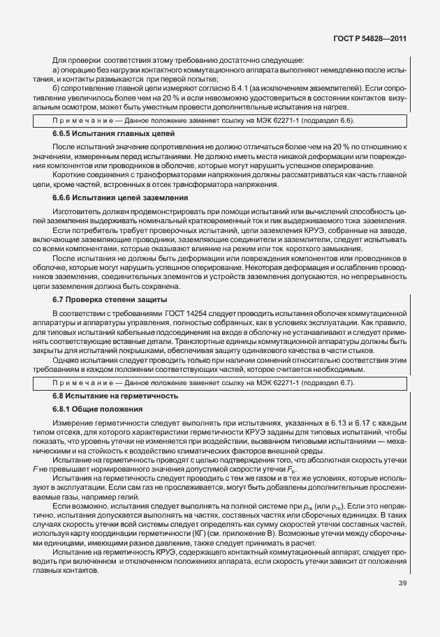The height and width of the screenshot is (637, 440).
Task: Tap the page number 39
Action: (x=402, y=583)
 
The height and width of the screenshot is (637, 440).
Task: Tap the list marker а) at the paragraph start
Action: (x=57, y=70)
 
